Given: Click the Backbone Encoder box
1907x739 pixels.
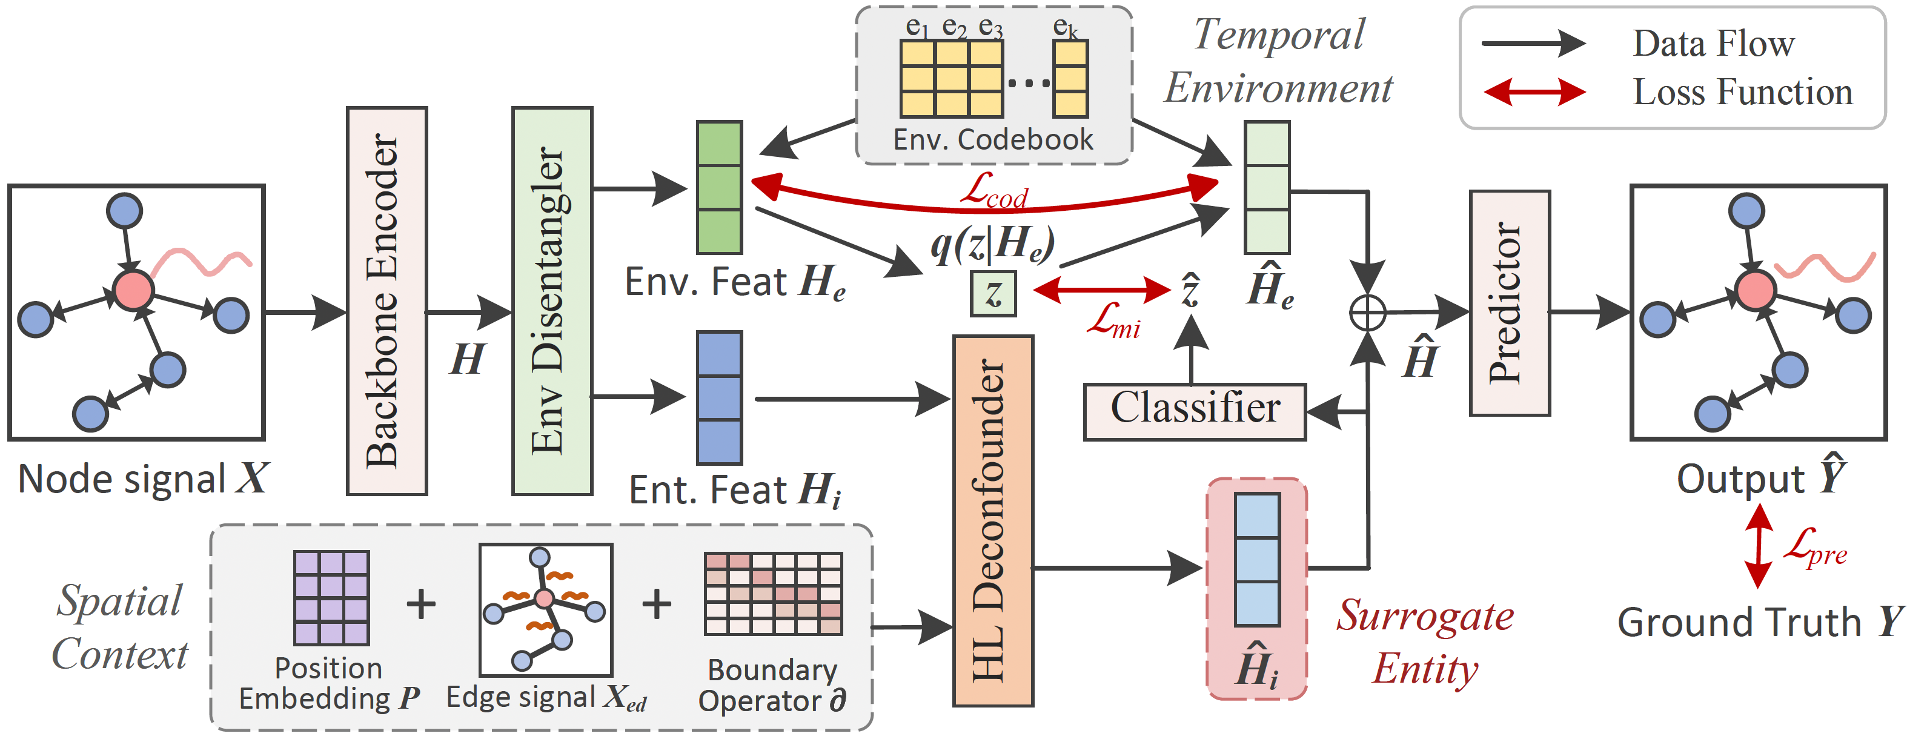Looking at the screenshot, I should click(387, 300).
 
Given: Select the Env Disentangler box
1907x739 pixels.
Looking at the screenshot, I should click(552, 300).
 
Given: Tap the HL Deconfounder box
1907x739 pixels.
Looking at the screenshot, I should click(993, 520).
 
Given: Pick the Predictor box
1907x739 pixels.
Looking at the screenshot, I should click(1510, 303).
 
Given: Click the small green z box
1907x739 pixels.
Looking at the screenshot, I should click(993, 294).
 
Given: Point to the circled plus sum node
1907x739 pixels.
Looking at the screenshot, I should click(1367, 313).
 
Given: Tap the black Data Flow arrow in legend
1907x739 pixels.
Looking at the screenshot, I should click(1533, 44).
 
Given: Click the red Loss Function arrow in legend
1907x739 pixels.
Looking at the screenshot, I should click(1534, 93).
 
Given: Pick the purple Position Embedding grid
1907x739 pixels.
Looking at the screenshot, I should click(331, 598).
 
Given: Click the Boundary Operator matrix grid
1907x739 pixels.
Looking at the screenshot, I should click(773, 593).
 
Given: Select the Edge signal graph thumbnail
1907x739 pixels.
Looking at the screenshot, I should click(546, 609).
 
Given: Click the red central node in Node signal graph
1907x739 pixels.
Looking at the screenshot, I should click(133, 290).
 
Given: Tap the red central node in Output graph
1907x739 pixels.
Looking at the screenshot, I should click(1755, 290).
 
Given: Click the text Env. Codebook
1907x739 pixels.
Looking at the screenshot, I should click(993, 139).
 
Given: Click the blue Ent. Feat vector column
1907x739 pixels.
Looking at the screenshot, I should click(719, 397).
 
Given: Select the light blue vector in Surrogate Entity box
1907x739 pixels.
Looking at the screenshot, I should click(1256, 559).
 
